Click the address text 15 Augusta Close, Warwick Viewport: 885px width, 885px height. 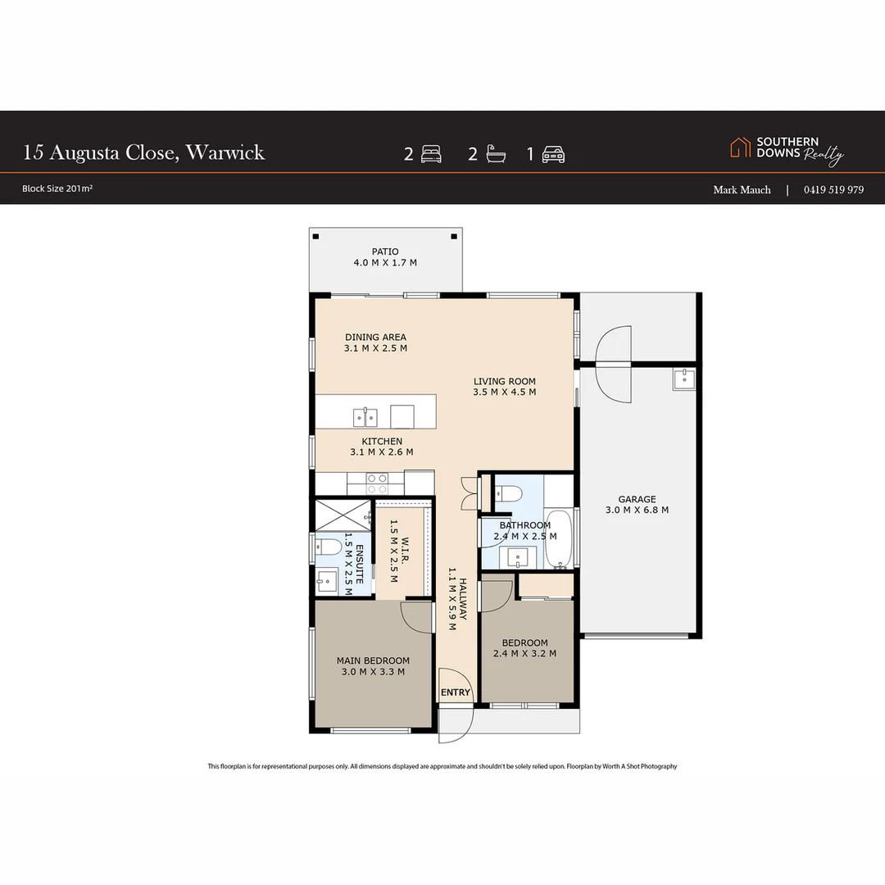[144, 152]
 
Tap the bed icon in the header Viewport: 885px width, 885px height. [431, 154]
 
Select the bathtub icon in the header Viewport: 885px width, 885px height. [494, 154]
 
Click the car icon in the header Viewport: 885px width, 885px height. [554, 154]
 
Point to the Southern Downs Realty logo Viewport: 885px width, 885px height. [787, 150]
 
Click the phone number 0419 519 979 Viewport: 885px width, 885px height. [833, 189]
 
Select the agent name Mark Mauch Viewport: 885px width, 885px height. [742, 189]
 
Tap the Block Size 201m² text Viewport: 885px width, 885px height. [57, 188]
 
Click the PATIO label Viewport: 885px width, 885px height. [384, 252]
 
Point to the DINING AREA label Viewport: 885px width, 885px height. [375, 337]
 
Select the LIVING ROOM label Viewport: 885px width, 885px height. [504, 381]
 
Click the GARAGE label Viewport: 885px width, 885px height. [637, 499]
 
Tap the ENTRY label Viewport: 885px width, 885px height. [456, 692]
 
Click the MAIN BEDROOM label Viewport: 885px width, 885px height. [373, 660]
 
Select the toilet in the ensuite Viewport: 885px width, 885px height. [329, 546]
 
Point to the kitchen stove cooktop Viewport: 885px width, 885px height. [376, 483]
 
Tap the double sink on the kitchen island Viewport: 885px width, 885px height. [365, 417]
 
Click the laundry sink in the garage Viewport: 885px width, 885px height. [683, 379]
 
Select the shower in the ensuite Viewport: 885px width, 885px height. [342, 515]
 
